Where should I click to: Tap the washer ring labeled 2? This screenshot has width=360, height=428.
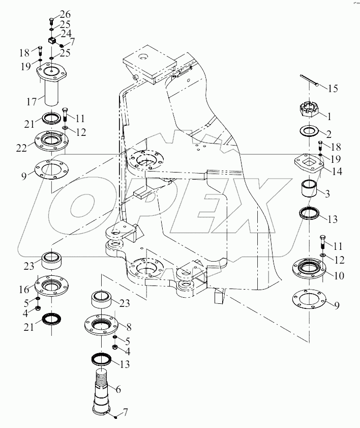308,131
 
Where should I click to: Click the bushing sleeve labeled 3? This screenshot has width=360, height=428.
309,190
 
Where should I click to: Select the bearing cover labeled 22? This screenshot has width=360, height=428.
51,140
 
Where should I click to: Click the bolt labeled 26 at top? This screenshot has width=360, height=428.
51,20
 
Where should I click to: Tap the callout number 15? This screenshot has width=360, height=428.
332,89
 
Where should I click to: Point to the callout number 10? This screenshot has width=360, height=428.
339,276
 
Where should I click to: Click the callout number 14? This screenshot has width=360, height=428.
337,172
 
